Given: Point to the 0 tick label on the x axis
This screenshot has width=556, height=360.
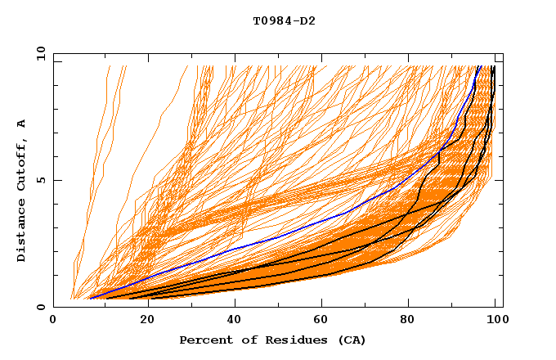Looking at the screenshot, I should pyautogui.click(x=53, y=321).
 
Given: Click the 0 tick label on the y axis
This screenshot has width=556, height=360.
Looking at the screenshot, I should pyautogui.click(x=41, y=307).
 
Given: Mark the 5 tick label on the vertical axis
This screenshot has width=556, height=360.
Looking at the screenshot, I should pyautogui.click(x=41, y=180).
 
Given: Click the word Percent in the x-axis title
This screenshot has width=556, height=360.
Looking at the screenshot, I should pyautogui.click(x=205, y=340).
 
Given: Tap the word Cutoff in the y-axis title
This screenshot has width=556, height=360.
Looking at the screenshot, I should pyautogui.click(x=22, y=164).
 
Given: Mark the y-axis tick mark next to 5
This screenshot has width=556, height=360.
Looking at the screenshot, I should pyautogui.click(x=56, y=180).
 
